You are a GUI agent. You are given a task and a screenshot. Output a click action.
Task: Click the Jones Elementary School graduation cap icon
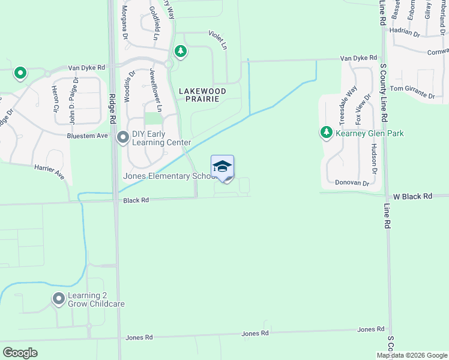pyautogui.click(x=222, y=166)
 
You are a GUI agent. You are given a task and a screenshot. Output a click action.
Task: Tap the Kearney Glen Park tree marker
pyautogui.click(x=327, y=133)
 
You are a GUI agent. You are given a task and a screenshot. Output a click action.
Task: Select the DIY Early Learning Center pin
pyautogui.click(x=123, y=138)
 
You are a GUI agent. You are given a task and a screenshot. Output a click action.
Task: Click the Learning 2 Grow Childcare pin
pyautogui.click(x=59, y=298)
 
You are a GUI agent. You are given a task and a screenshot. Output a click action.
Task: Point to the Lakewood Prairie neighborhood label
pyautogui.click(x=202, y=95)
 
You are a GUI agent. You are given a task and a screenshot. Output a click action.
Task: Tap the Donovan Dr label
pyautogui.click(x=351, y=182)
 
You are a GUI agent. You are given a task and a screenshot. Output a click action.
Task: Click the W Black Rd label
pyautogui.click(x=413, y=196)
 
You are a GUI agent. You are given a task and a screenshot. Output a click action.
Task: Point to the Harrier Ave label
pyautogui.click(x=49, y=172)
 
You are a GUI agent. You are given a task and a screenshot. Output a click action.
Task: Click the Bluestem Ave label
pyautogui.click(x=88, y=136)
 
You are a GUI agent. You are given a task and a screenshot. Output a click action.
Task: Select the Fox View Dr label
pyautogui.click(x=359, y=106)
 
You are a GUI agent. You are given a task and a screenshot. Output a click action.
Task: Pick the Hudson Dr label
pyautogui.click(x=373, y=158)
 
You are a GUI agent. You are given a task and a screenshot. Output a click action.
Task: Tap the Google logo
pyautogui.click(x=20, y=352)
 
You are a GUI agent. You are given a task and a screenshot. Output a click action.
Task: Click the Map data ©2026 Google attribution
pyautogui.click(x=412, y=355)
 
